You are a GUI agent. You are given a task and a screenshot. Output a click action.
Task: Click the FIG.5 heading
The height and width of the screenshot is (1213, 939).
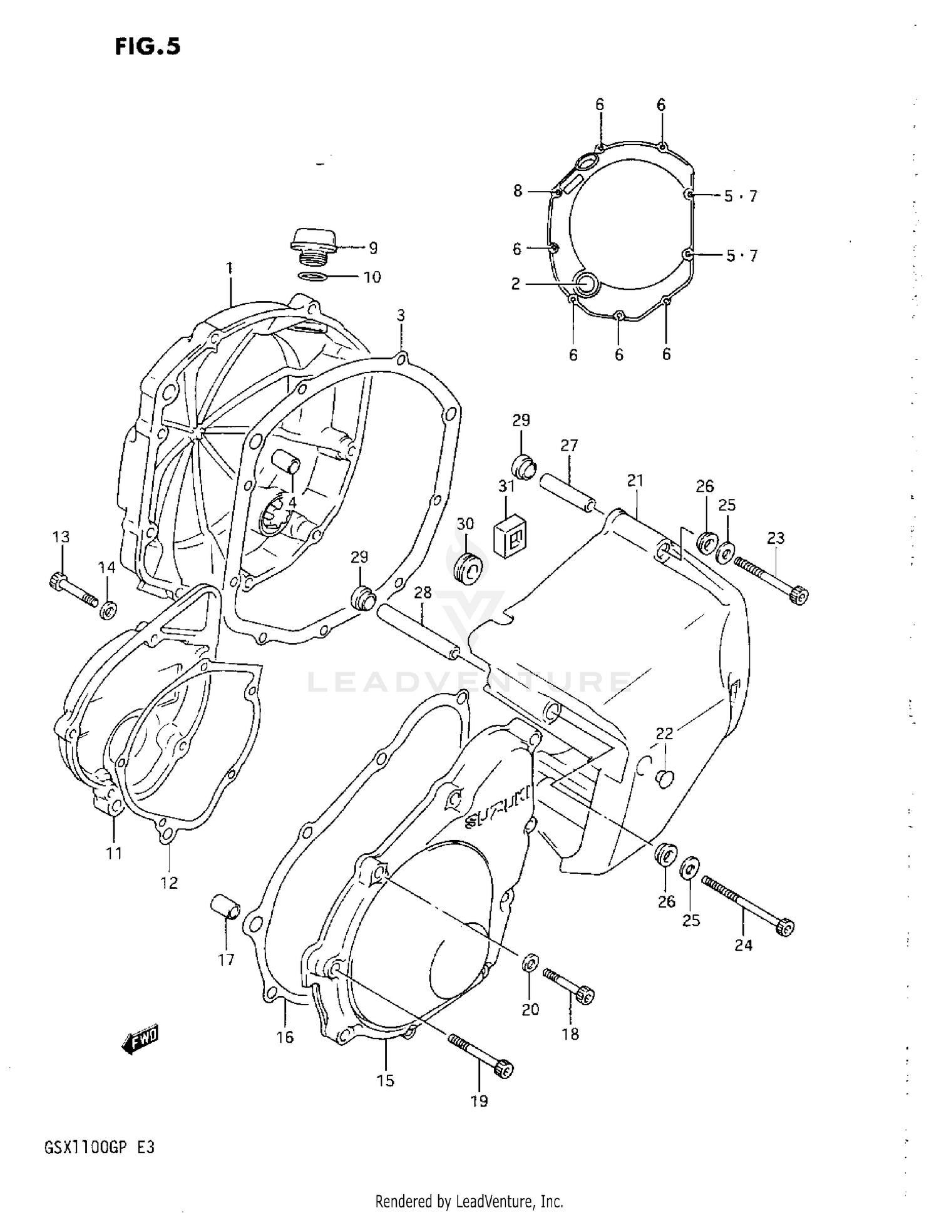point(148,46)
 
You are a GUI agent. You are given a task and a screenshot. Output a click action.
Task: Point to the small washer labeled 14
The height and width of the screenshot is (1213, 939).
point(108,608)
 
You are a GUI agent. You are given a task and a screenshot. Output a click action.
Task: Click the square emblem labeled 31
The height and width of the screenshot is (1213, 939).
point(510,536)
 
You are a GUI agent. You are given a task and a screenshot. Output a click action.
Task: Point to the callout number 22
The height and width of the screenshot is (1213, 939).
point(664,733)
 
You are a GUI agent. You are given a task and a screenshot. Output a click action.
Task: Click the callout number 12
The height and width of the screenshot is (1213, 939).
point(169,883)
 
